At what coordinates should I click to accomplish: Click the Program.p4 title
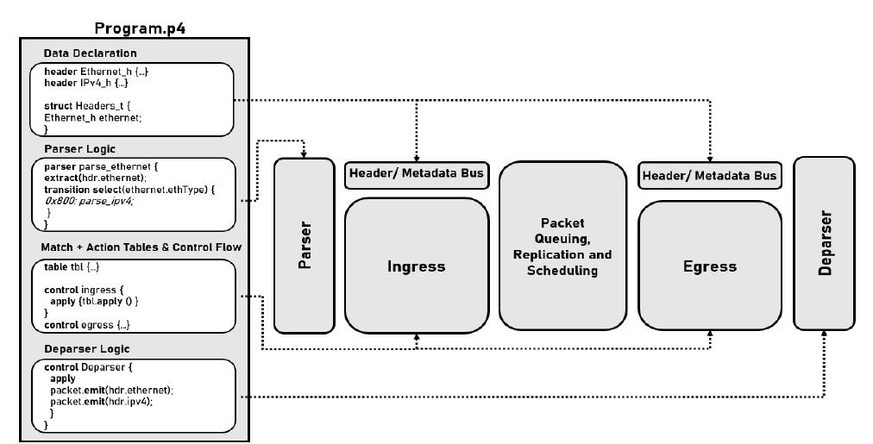tap(140, 28)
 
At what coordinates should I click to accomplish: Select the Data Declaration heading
tap(91, 53)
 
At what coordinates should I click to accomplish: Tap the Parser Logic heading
tap(79, 149)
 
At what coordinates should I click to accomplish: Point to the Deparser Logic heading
tap(87, 349)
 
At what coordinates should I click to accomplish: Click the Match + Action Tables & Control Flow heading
tap(141, 247)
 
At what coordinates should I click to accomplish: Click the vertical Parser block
tap(305, 246)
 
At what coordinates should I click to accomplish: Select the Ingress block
tap(417, 266)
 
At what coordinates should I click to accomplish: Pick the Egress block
tap(710, 266)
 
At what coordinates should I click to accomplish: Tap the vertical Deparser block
tap(824, 243)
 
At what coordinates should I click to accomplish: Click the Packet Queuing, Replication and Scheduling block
tap(562, 246)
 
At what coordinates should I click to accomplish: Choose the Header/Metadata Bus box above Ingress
tap(417, 174)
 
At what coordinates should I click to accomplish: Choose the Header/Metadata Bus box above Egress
tap(710, 176)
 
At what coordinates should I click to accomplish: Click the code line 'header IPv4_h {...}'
tap(86, 83)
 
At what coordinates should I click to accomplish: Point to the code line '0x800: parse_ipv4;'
tap(89, 201)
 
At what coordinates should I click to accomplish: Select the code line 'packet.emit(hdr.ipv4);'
tap(101, 402)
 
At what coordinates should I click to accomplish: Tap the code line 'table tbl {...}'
tap(72, 267)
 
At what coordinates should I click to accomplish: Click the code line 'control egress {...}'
tap(87, 325)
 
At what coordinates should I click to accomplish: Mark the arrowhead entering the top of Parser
tap(304, 154)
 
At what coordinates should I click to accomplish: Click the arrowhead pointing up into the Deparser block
tap(824, 334)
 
